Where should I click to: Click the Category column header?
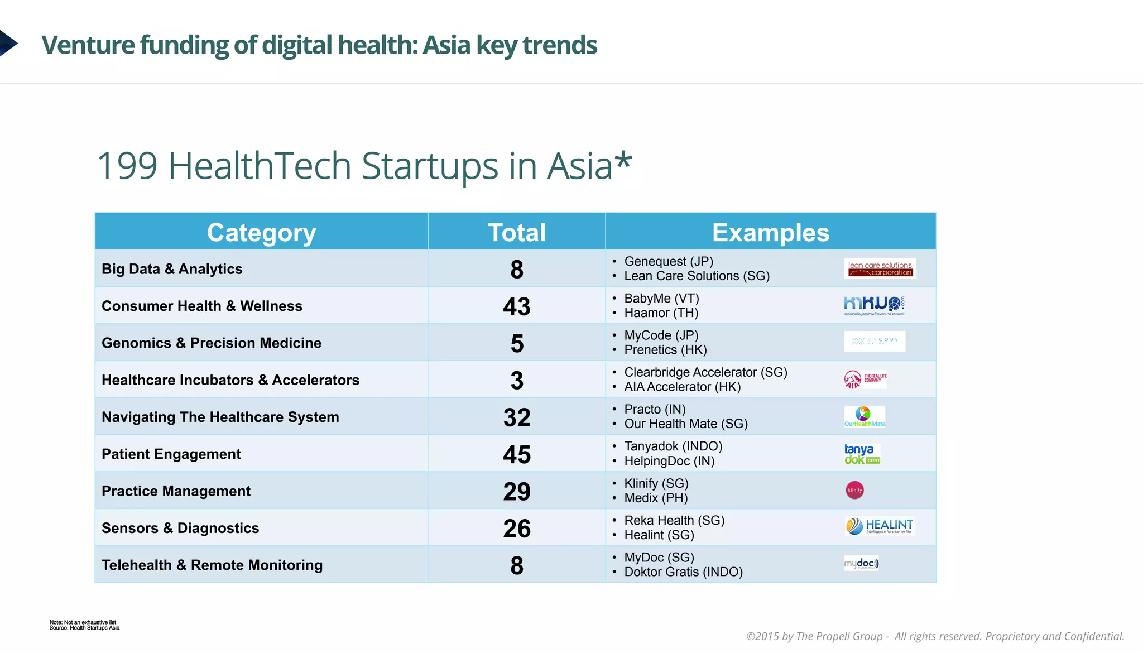point(261,233)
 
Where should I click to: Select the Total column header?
point(517,233)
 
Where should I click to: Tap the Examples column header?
point(770,233)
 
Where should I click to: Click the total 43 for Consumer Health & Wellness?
point(517,306)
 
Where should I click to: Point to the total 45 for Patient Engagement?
point(517,454)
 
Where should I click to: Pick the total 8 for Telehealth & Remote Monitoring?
point(517,565)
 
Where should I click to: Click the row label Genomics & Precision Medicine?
point(212,343)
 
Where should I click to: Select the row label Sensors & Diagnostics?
point(180,528)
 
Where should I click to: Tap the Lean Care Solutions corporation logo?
point(880,269)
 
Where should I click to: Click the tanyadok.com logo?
point(862,454)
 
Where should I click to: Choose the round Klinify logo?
point(854,491)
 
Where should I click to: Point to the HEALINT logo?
point(879,526)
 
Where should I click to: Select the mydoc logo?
point(861,563)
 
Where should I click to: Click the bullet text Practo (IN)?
point(655,409)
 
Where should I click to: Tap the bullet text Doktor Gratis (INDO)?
point(683,572)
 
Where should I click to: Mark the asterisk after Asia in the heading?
point(623,161)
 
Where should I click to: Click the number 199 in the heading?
point(127,166)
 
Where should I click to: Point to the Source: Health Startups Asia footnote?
point(84,628)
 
